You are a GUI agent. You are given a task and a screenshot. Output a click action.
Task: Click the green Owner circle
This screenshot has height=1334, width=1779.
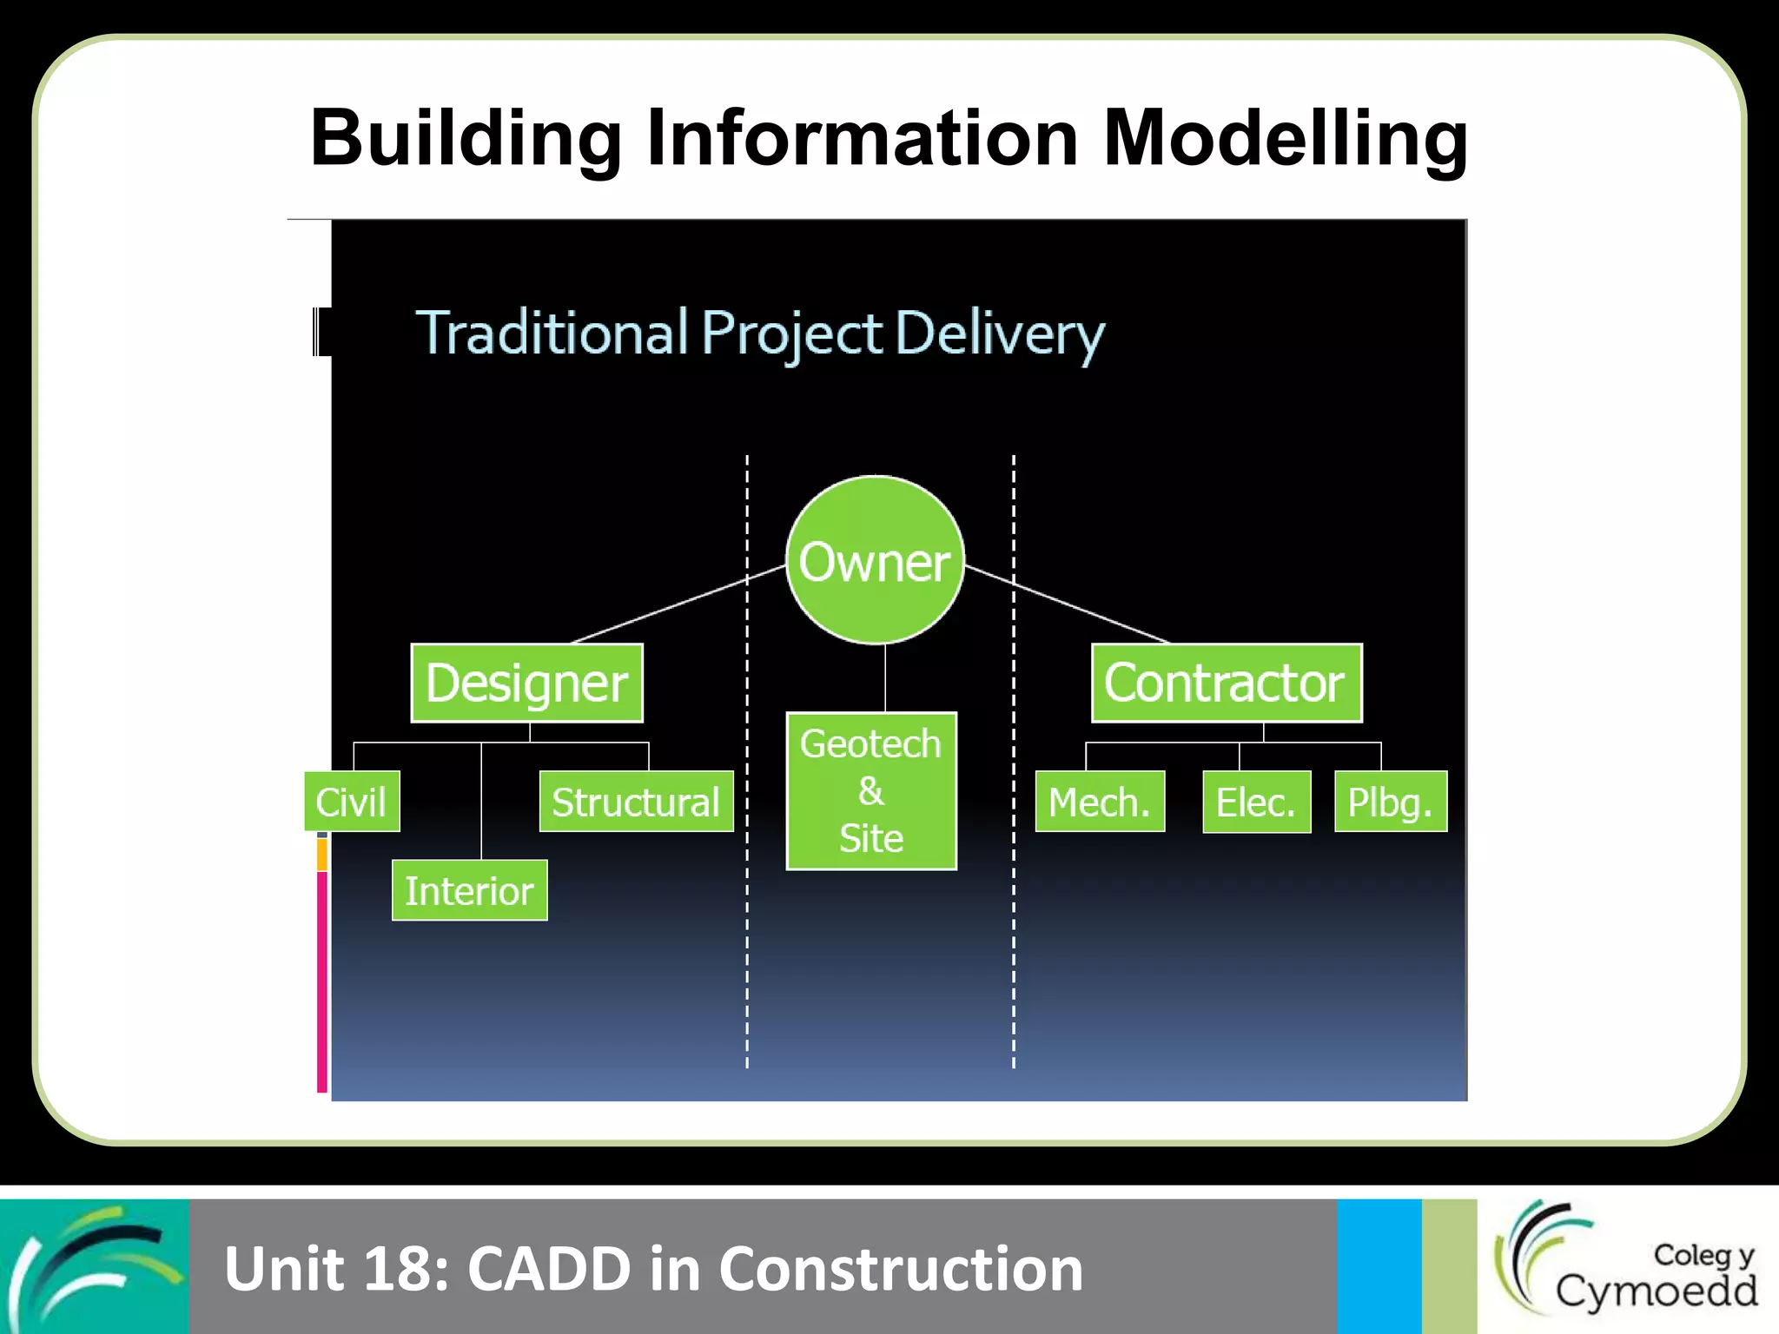coord(875,560)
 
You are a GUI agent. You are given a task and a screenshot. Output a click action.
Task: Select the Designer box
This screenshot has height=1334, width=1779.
coord(526,683)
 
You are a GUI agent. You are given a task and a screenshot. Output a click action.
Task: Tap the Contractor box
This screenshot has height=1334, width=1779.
coord(1226,683)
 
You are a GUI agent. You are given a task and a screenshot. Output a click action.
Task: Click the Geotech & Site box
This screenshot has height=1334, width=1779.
coord(871,790)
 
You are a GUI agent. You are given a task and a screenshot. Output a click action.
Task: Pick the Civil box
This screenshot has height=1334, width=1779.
coord(352,802)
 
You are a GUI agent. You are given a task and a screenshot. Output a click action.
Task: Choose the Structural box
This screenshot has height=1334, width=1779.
coord(636,802)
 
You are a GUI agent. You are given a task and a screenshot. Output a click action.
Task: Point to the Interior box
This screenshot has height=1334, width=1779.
coord(469,890)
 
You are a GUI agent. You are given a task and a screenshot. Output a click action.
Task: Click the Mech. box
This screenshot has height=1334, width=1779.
coord(1100,802)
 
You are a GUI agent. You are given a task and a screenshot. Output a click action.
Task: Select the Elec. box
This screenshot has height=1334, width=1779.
coord(1256,802)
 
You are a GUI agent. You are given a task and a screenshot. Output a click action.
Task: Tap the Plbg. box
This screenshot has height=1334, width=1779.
coord(1390,802)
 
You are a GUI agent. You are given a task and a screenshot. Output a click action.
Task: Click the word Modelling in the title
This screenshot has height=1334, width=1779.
coord(1285,139)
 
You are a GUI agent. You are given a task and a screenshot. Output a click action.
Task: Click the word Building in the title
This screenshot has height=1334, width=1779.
coord(466,139)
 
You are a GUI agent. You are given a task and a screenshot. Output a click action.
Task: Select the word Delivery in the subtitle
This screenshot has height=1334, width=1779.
coord(999,334)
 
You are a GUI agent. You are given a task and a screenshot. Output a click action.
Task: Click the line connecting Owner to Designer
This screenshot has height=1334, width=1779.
coord(678,604)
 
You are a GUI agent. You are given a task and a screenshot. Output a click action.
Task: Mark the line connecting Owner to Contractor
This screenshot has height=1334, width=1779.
coord(1068,604)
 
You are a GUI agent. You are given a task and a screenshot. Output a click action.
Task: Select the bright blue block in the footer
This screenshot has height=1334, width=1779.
coord(1379,1265)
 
